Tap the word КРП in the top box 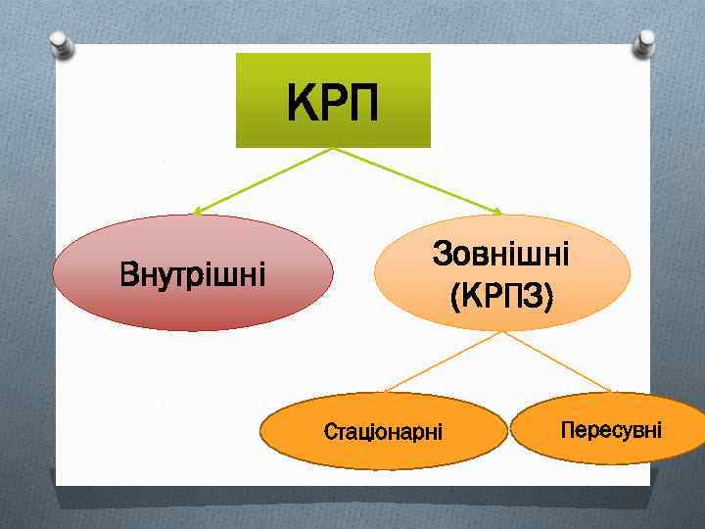(333, 102)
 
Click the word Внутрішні (193, 274)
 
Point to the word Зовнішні (502, 256)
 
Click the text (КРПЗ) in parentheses (502, 293)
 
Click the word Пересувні (611, 429)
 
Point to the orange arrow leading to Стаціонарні (441, 362)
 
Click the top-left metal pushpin (63, 44)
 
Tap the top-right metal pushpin (643, 42)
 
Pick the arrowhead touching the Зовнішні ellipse (496, 212)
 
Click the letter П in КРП (359, 102)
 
